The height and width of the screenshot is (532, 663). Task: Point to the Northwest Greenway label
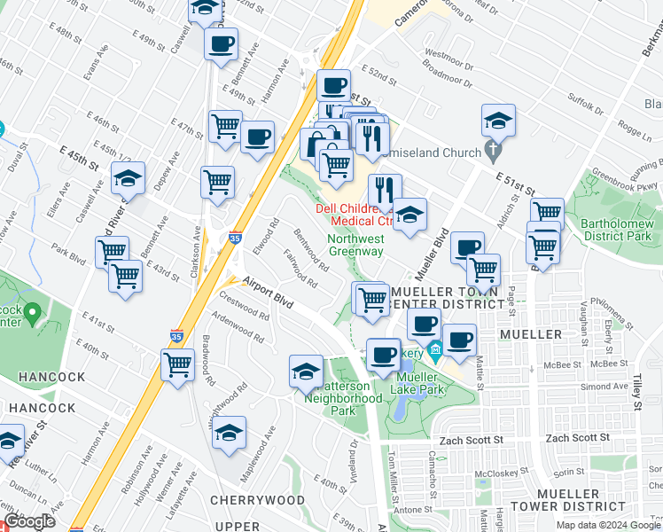(356, 245)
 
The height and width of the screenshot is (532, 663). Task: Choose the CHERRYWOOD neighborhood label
(258, 500)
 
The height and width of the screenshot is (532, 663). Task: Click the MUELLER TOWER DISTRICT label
(586, 499)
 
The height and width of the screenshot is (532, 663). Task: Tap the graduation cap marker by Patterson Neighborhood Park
(306, 371)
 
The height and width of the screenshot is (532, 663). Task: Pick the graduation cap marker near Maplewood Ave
(229, 433)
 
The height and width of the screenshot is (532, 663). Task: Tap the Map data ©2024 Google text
(608, 525)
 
